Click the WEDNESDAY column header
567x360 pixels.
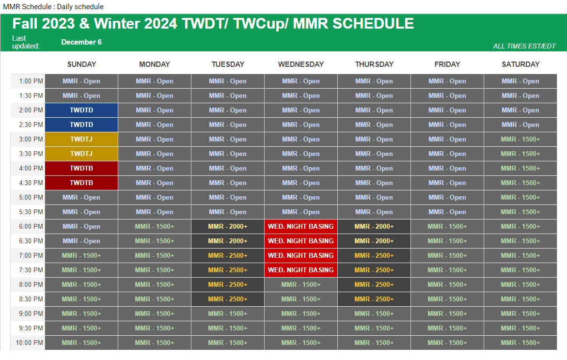(301, 64)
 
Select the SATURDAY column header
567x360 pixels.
(520, 64)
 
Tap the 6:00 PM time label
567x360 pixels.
(31, 226)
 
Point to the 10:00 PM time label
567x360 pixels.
(29, 343)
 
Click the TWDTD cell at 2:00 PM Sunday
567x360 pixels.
(81, 110)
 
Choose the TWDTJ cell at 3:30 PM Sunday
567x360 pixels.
(81, 154)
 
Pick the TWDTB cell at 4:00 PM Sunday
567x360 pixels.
(81, 169)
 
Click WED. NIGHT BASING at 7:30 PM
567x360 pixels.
(301, 270)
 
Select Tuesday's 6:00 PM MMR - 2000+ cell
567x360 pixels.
(228, 227)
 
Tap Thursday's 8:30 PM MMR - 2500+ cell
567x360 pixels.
(374, 299)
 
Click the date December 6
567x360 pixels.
(81, 42)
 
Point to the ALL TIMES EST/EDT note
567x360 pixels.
(524, 46)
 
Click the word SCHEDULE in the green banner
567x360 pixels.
(373, 23)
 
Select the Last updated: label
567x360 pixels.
(26, 42)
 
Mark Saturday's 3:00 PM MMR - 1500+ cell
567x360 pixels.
(520, 139)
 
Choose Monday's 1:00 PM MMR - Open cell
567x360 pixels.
(155, 81)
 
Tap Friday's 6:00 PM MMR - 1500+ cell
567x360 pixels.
(447, 227)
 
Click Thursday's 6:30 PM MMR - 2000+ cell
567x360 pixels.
(374, 241)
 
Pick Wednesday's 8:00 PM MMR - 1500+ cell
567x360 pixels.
(301, 285)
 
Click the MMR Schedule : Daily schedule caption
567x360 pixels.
(53, 6)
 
